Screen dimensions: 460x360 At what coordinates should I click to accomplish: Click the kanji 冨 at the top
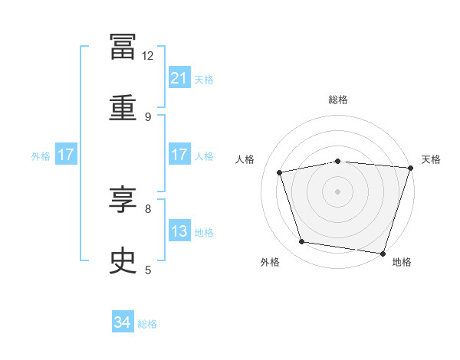(x=123, y=47)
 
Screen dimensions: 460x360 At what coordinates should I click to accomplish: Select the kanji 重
(x=123, y=107)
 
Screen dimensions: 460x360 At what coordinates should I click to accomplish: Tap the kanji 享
(x=123, y=199)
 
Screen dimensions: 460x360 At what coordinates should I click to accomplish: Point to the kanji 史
(x=123, y=260)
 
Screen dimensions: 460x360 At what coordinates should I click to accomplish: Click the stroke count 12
(x=147, y=56)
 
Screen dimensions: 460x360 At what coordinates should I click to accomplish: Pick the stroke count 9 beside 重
(x=148, y=117)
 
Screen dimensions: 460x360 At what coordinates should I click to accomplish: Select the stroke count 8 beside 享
(x=148, y=209)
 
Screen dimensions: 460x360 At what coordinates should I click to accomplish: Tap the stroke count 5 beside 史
(x=148, y=270)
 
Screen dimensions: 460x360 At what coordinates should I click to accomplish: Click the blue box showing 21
(x=179, y=77)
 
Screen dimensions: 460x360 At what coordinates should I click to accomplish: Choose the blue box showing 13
(x=179, y=230)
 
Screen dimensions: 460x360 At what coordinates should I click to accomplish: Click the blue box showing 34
(x=123, y=321)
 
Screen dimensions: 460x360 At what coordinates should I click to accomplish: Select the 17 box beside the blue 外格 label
(x=66, y=154)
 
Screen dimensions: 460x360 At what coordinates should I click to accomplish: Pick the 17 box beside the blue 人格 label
(x=179, y=154)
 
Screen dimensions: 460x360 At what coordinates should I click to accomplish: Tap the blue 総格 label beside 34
(x=147, y=324)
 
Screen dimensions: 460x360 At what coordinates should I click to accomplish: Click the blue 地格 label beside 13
(x=204, y=233)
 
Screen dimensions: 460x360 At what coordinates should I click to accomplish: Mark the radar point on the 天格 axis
(x=411, y=168)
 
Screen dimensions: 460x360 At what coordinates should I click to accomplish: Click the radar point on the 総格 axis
(x=338, y=162)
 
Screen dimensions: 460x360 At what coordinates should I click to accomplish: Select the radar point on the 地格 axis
(x=383, y=254)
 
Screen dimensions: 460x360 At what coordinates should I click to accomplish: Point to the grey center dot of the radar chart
(x=337, y=191)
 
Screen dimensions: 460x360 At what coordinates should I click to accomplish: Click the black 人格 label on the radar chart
(x=245, y=159)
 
